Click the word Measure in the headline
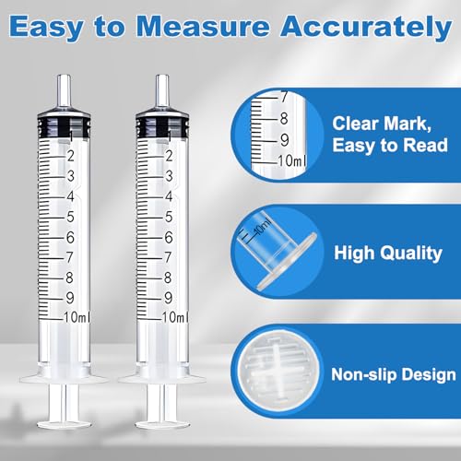click(203, 27)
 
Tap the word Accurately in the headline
click(366, 29)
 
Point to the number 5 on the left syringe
click(70, 217)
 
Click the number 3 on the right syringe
click(169, 176)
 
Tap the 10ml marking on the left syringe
click(77, 317)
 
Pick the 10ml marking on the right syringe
click(174, 317)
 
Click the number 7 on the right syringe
click(168, 257)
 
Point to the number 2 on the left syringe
click(71, 156)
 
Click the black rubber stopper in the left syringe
click(64, 126)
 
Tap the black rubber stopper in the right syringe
click(162, 126)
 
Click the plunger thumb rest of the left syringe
click(64, 424)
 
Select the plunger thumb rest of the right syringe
click(162, 424)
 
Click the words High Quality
click(388, 254)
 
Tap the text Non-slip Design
click(394, 375)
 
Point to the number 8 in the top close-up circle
click(284, 119)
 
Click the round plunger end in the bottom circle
click(278, 372)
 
